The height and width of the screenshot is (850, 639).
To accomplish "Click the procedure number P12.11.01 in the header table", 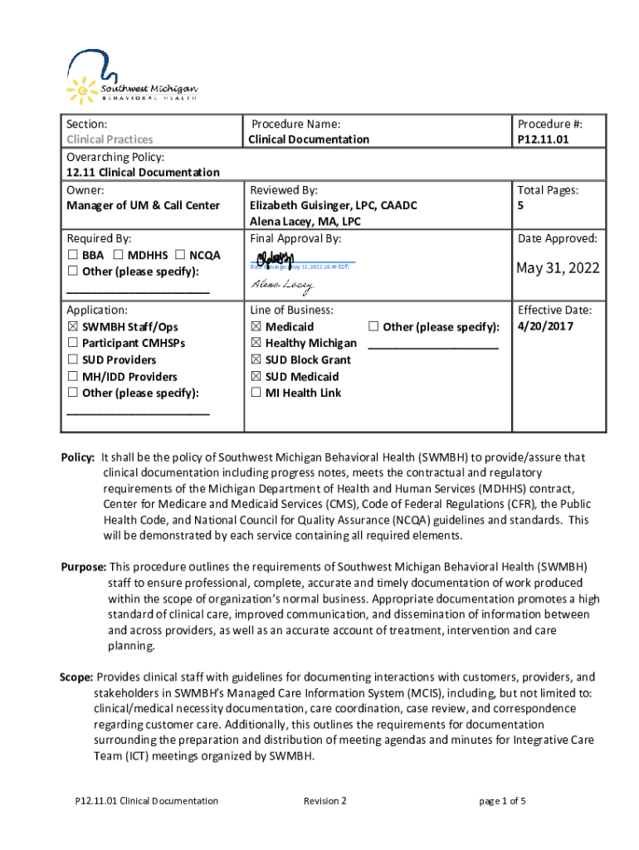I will [544, 139].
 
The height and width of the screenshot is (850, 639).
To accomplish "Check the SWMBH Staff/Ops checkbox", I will [72, 327].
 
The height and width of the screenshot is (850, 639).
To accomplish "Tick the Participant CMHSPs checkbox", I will [72, 344].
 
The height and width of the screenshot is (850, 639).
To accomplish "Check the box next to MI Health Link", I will [256, 393].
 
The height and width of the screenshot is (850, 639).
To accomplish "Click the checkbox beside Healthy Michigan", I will [256, 343].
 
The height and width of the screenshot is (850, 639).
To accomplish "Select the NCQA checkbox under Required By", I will [180, 255].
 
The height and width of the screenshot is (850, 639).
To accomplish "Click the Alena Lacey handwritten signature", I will [282, 286].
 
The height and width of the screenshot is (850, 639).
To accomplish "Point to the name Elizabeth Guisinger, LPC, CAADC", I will [333, 206].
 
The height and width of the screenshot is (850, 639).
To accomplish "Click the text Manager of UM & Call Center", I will [143, 206].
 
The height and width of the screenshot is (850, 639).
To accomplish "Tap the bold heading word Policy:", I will [79, 457].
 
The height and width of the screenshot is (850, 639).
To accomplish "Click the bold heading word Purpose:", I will [83, 567].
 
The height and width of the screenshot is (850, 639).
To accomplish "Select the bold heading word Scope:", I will [76, 677].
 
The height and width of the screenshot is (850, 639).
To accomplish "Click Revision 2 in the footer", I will [324, 801].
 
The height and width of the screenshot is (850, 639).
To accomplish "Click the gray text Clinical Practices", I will [110, 139].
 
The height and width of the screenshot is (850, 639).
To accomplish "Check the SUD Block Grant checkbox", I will [256, 359].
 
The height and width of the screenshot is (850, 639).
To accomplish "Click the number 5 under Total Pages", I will [520, 206].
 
